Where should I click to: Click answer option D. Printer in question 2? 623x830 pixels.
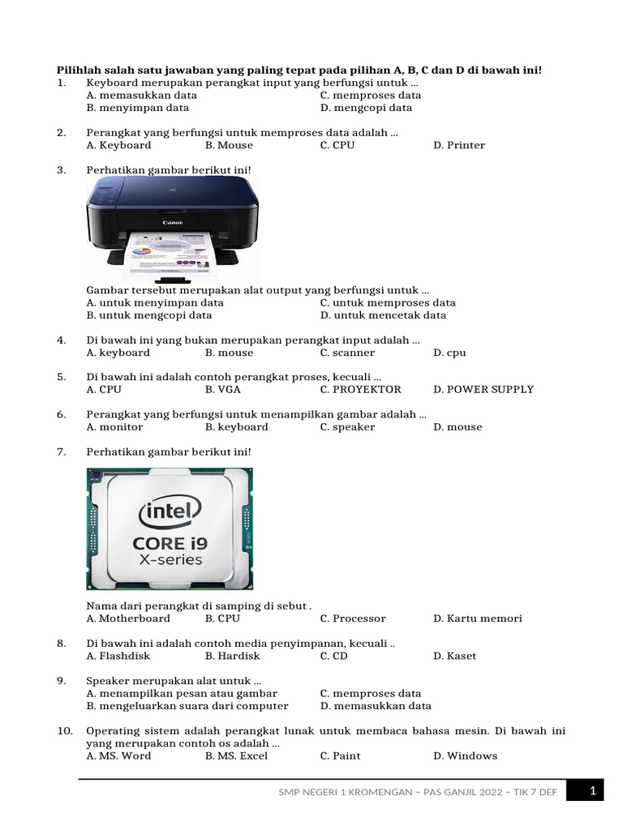[459, 145]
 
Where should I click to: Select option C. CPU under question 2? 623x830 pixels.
[337, 145]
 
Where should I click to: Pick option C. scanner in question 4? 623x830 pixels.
[347, 353]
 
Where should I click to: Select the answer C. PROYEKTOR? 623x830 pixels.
[360, 389]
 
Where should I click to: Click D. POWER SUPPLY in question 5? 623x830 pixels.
[483, 389]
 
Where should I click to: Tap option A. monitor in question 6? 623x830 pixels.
[114, 426]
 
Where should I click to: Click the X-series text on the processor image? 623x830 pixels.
[170, 560]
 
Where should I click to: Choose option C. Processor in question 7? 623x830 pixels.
[353, 618]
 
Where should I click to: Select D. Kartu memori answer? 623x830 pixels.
[478, 618]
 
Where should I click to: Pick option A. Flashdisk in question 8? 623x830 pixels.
[118, 656]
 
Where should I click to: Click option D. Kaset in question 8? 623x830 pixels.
[455, 656]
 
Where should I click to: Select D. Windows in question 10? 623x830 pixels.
[465, 755]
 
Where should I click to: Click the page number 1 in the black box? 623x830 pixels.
[593, 790]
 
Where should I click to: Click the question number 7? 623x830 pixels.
[61, 451]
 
